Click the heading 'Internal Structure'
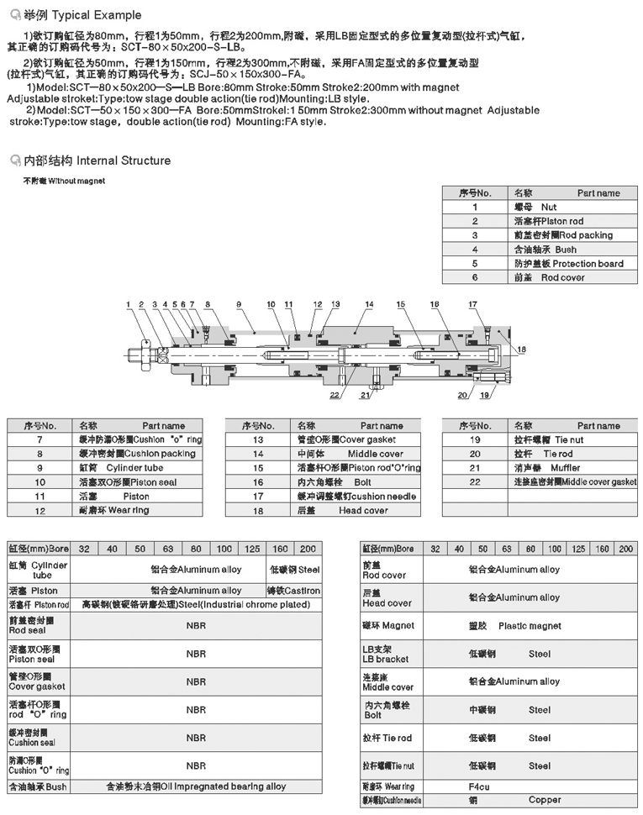click(123, 160)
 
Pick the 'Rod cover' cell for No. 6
click(561, 277)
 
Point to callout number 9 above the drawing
click(239, 303)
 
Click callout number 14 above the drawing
click(369, 303)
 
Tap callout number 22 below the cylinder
click(335, 394)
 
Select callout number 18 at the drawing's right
click(521, 349)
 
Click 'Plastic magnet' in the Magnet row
click(529, 626)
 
